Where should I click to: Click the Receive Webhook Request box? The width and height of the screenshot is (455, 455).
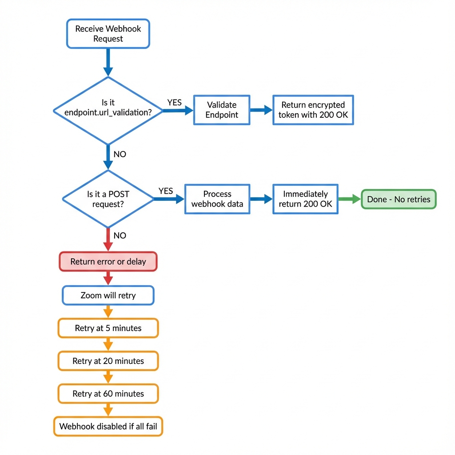tap(108, 34)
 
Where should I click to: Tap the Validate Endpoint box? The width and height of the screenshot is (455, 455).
tap(222, 110)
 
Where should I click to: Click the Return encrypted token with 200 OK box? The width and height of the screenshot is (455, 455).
tap(313, 110)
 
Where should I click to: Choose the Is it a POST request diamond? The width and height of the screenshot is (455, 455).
tap(108, 199)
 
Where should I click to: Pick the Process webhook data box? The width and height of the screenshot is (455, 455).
tap(217, 199)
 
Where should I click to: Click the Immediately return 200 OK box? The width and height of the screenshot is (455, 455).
tap(305, 199)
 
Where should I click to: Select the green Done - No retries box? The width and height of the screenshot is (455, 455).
tap(399, 199)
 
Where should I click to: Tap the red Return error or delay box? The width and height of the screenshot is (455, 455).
tap(108, 262)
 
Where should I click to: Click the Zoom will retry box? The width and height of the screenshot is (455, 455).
tap(108, 295)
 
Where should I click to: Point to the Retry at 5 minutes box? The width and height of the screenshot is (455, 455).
tap(108, 328)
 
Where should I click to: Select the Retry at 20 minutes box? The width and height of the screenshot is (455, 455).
tap(108, 361)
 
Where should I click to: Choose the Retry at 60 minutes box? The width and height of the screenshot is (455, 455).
tap(108, 394)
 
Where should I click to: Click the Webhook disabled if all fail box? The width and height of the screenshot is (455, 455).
tap(108, 427)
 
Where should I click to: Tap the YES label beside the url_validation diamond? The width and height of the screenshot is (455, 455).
tap(174, 103)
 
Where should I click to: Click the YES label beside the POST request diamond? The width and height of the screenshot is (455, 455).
tap(165, 191)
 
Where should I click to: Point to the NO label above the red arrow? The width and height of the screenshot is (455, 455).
tap(120, 235)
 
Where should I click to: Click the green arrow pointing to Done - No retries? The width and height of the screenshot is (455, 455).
tap(350, 199)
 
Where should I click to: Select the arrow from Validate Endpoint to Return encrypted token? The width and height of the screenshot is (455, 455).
tap(261, 110)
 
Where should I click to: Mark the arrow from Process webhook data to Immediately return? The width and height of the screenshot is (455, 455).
tap(261, 199)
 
